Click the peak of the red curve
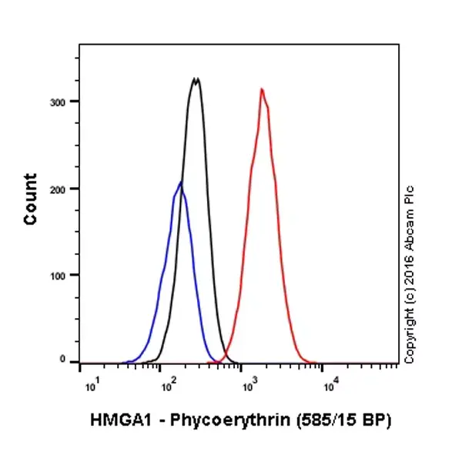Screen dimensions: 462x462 click(262, 90)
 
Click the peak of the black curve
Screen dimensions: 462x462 click(196, 79)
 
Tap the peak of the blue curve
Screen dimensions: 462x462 click(180, 182)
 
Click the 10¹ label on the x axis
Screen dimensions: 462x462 click(90, 384)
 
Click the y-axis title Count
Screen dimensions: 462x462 click(31, 199)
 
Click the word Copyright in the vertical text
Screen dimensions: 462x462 click(409, 336)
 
